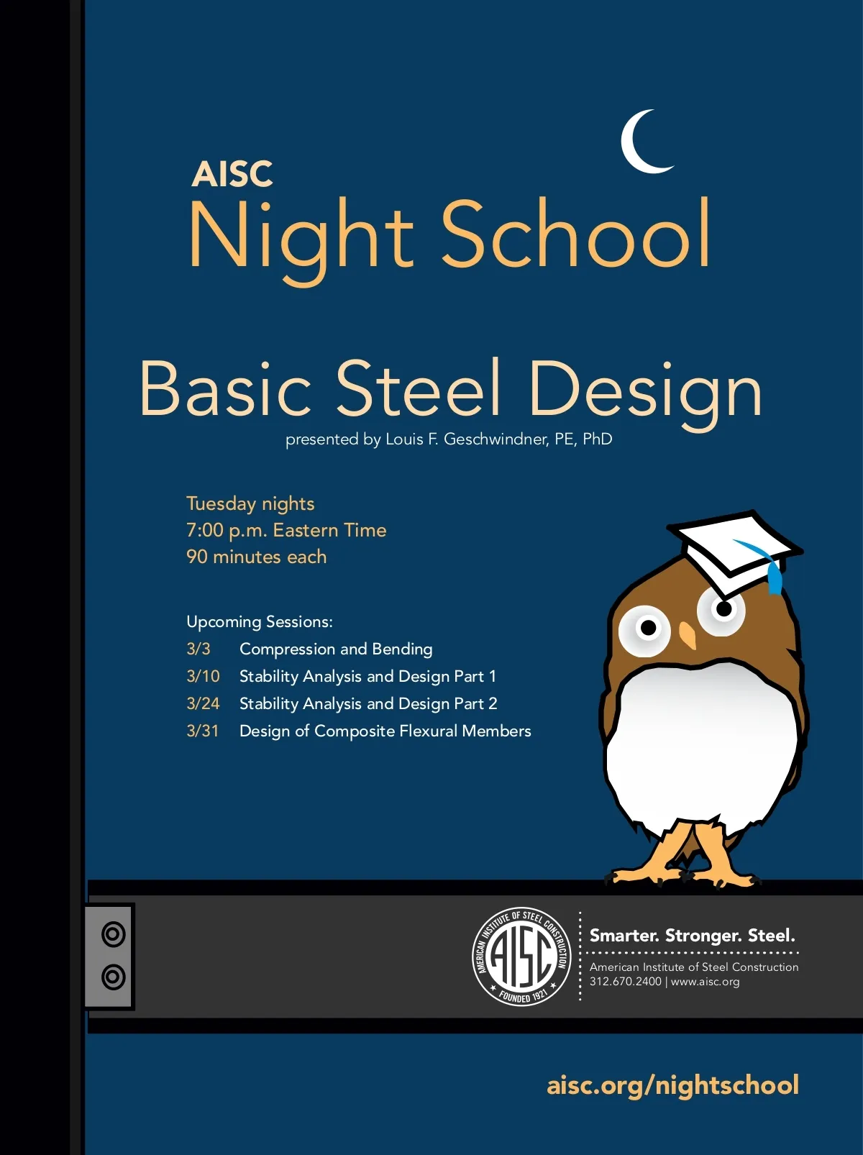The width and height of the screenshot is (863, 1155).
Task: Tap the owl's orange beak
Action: [x=688, y=635]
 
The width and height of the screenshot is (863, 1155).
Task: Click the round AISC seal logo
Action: [x=521, y=957]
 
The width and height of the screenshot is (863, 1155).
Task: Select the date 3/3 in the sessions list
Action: [x=198, y=649]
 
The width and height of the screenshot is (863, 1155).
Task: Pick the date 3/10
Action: [x=203, y=676]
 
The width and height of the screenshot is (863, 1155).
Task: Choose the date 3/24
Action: [x=203, y=703]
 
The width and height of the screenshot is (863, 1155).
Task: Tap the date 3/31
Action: [x=203, y=731]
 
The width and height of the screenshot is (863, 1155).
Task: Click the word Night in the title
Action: [x=301, y=237]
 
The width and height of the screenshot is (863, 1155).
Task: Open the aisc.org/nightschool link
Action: [x=672, y=1085]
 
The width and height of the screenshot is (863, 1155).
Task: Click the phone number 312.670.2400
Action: [x=625, y=982]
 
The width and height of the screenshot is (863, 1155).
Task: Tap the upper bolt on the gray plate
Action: [x=113, y=934]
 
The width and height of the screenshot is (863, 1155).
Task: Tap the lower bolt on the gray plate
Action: [x=113, y=977]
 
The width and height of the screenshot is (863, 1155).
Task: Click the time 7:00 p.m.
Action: [x=227, y=531]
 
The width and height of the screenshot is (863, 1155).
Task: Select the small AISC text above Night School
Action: [x=232, y=174]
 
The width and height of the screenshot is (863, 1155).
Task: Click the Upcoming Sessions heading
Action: [x=260, y=621]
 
